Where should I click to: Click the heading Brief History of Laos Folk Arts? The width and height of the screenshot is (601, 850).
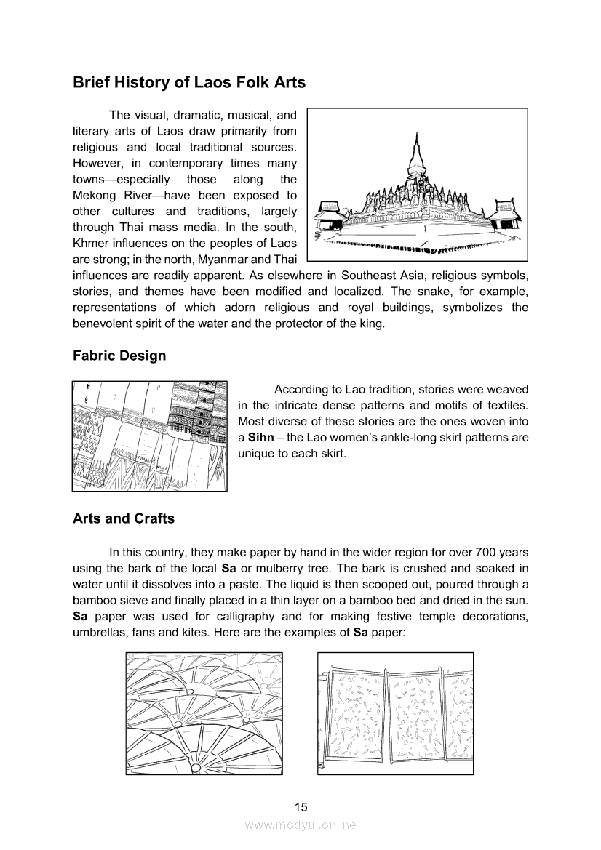tap(189, 83)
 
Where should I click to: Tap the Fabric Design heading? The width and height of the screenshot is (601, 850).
tap(119, 356)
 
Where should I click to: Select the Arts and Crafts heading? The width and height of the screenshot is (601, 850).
tap(124, 518)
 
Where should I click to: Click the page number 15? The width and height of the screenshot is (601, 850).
tap(300, 806)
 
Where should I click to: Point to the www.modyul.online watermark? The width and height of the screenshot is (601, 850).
tap(300, 825)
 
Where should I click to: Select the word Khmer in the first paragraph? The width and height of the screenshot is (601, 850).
tap(90, 244)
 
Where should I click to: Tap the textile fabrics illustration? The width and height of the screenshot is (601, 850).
tap(150, 436)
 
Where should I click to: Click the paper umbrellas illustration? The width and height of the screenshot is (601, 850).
tap(203, 713)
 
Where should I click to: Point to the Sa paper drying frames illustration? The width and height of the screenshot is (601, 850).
tap(396, 713)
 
